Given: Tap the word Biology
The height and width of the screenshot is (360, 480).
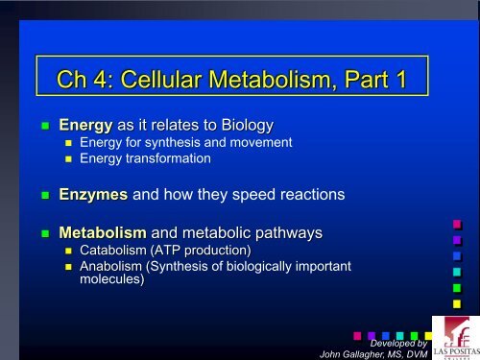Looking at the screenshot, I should tap(245, 125).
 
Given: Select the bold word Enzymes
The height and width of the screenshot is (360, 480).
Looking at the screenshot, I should tap(92, 194).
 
